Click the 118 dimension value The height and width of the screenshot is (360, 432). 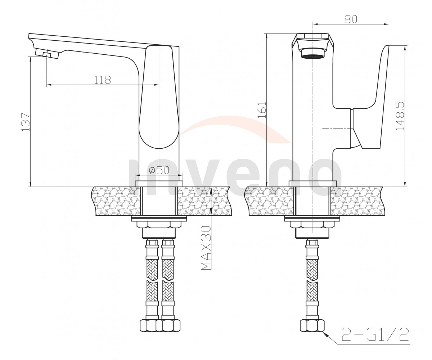pyautogui.click(x=103, y=80)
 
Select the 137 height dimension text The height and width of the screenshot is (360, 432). pyautogui.click(x=26, y=122)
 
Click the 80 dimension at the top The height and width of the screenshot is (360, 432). pyautogui.click(x=351, y=19)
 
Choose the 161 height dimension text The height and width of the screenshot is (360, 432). pyautogui.click(x=262, y=109)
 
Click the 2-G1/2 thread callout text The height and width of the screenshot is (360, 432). pyautogui.click(x=375, y=334)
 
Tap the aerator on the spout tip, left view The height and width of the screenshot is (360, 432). pyautogui.click(x=47, y=54)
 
